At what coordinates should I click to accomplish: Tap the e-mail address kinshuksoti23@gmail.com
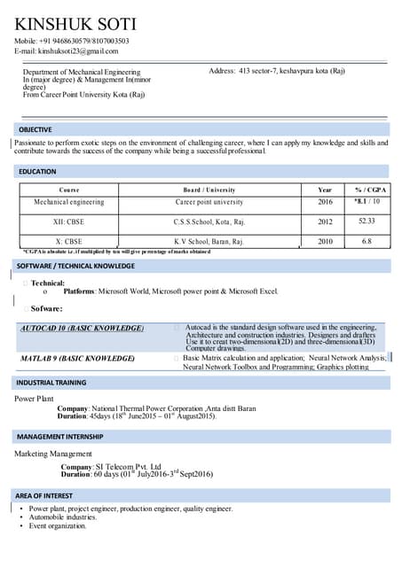(x=66, y=51)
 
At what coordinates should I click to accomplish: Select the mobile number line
(x=71, y=41)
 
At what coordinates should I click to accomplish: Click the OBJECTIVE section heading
(x=35, y=129)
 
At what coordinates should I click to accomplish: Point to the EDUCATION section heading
(x=37, y=171)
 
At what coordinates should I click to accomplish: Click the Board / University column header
(x=209, y=190)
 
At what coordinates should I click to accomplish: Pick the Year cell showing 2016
(x=325, y=202)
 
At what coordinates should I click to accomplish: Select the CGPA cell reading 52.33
(x=367, y=221)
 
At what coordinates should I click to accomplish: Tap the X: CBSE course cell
(x=69, y=241)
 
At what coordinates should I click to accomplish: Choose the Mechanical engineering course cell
(x=69, y=202)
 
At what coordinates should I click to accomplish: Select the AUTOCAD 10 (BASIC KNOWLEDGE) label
(x=82, y=328)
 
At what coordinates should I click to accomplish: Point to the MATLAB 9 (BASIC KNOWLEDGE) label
(x=77, y=358)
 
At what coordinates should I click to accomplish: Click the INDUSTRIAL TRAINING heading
(x=51, y=382)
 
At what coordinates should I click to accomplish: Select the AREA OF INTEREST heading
(x=45, y=495)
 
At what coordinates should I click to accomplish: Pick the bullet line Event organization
(x=58, y=526)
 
